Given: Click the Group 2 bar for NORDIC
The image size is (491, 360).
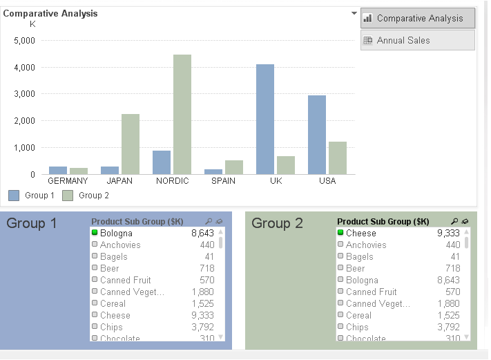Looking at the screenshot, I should (x=182, y=114).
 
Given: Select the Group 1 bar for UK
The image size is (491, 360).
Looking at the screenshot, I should (x=265, y=119).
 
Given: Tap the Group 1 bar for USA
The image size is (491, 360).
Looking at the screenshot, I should (x=317, y=135).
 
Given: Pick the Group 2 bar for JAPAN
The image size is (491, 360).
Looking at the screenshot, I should (x=131, y=144).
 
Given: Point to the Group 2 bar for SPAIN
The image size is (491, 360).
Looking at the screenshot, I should (x=234, y=167).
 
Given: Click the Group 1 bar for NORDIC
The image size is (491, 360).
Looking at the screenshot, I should (x=162, y=162).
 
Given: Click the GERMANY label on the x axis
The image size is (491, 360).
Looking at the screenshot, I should (x=68, y=181).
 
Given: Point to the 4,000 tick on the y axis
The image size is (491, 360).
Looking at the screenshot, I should (x=24, y=67).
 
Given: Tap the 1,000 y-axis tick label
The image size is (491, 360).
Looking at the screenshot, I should (x=24, y=147).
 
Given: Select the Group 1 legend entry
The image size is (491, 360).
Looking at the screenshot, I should (x=32, y=196).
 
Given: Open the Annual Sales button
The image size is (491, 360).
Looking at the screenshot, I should (x=418, y=40).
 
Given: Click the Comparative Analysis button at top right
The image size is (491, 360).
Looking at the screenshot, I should (x=418, y=18).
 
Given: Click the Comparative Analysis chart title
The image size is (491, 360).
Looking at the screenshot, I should (x=50, y=13).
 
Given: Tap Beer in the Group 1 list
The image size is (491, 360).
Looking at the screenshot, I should (x=109, y=268).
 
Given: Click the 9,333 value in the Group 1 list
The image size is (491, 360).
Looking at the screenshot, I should (x=202, y=315).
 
